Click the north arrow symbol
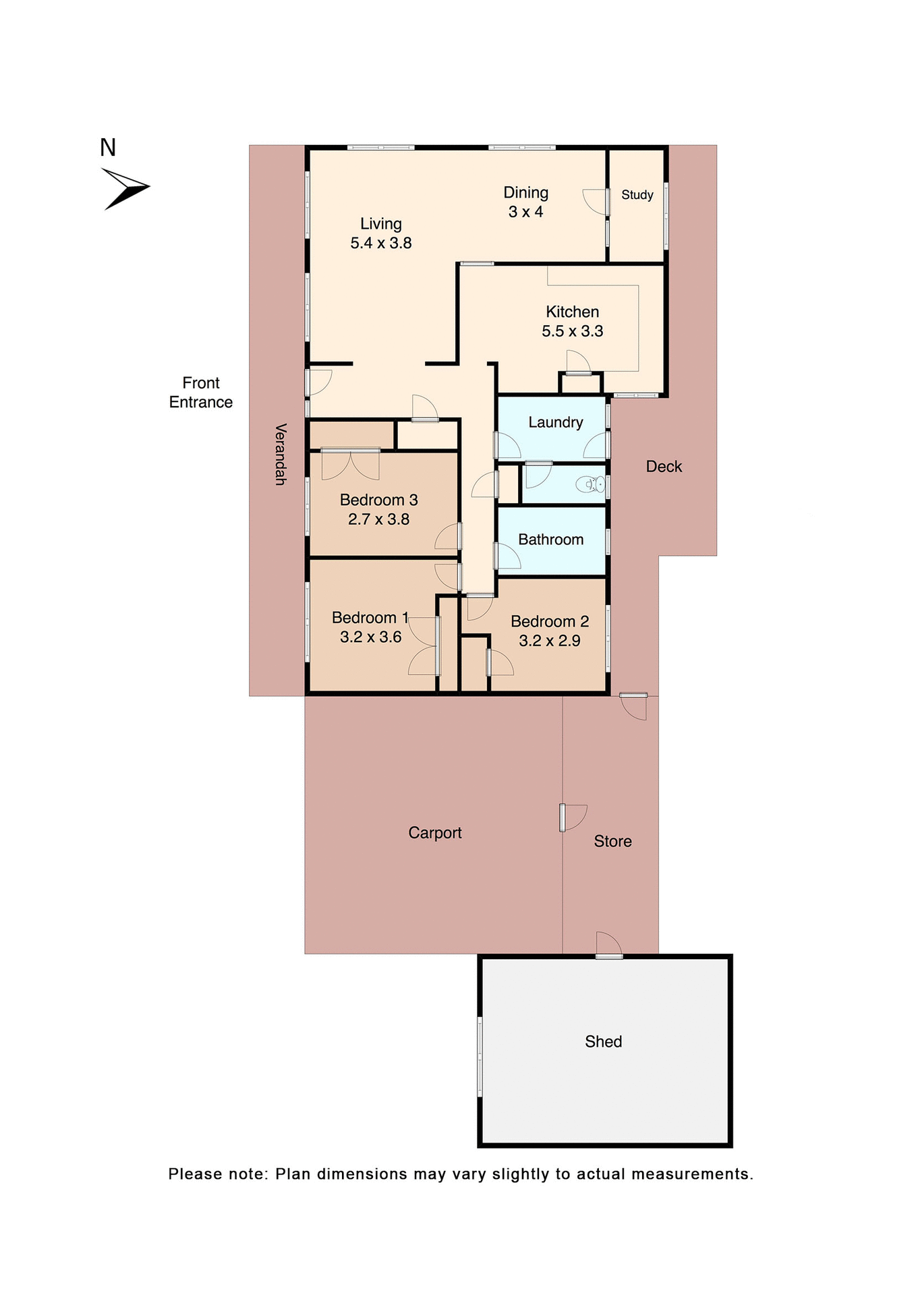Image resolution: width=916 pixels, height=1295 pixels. tap(125, 188)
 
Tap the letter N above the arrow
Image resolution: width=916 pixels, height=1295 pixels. tap(108, 148)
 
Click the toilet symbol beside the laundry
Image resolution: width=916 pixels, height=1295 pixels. tap(594, 484)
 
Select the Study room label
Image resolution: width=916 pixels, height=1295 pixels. tap(637, 195)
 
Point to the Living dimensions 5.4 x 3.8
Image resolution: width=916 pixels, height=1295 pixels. tap(380, 243)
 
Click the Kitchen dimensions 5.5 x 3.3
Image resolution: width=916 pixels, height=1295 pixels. tap(572, 331)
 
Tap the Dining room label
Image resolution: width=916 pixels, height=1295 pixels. tap(525, 193)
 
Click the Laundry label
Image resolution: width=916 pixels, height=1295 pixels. tap(555, 422)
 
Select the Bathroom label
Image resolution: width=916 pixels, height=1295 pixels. tap(550, 540)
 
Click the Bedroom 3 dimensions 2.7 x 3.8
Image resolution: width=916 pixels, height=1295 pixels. tap(378, 519)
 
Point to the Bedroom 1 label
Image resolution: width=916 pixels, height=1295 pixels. tap(370, 618)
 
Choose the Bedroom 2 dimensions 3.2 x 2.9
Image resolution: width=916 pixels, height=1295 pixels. tap(549, 641)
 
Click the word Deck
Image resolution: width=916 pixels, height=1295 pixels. tap(664, 467)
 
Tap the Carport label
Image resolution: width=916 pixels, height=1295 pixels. tap(434, 833)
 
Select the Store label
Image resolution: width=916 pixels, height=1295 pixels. tap(612, 841)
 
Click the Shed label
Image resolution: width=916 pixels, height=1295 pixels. tap(603, 1041)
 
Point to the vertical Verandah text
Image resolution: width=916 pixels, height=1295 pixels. tap(281, 454)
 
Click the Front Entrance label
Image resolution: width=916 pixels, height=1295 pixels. tap(200, 393)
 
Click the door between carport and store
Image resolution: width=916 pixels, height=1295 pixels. tap(564, 817)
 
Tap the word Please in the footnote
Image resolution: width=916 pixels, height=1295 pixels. tap(195, 1174)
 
